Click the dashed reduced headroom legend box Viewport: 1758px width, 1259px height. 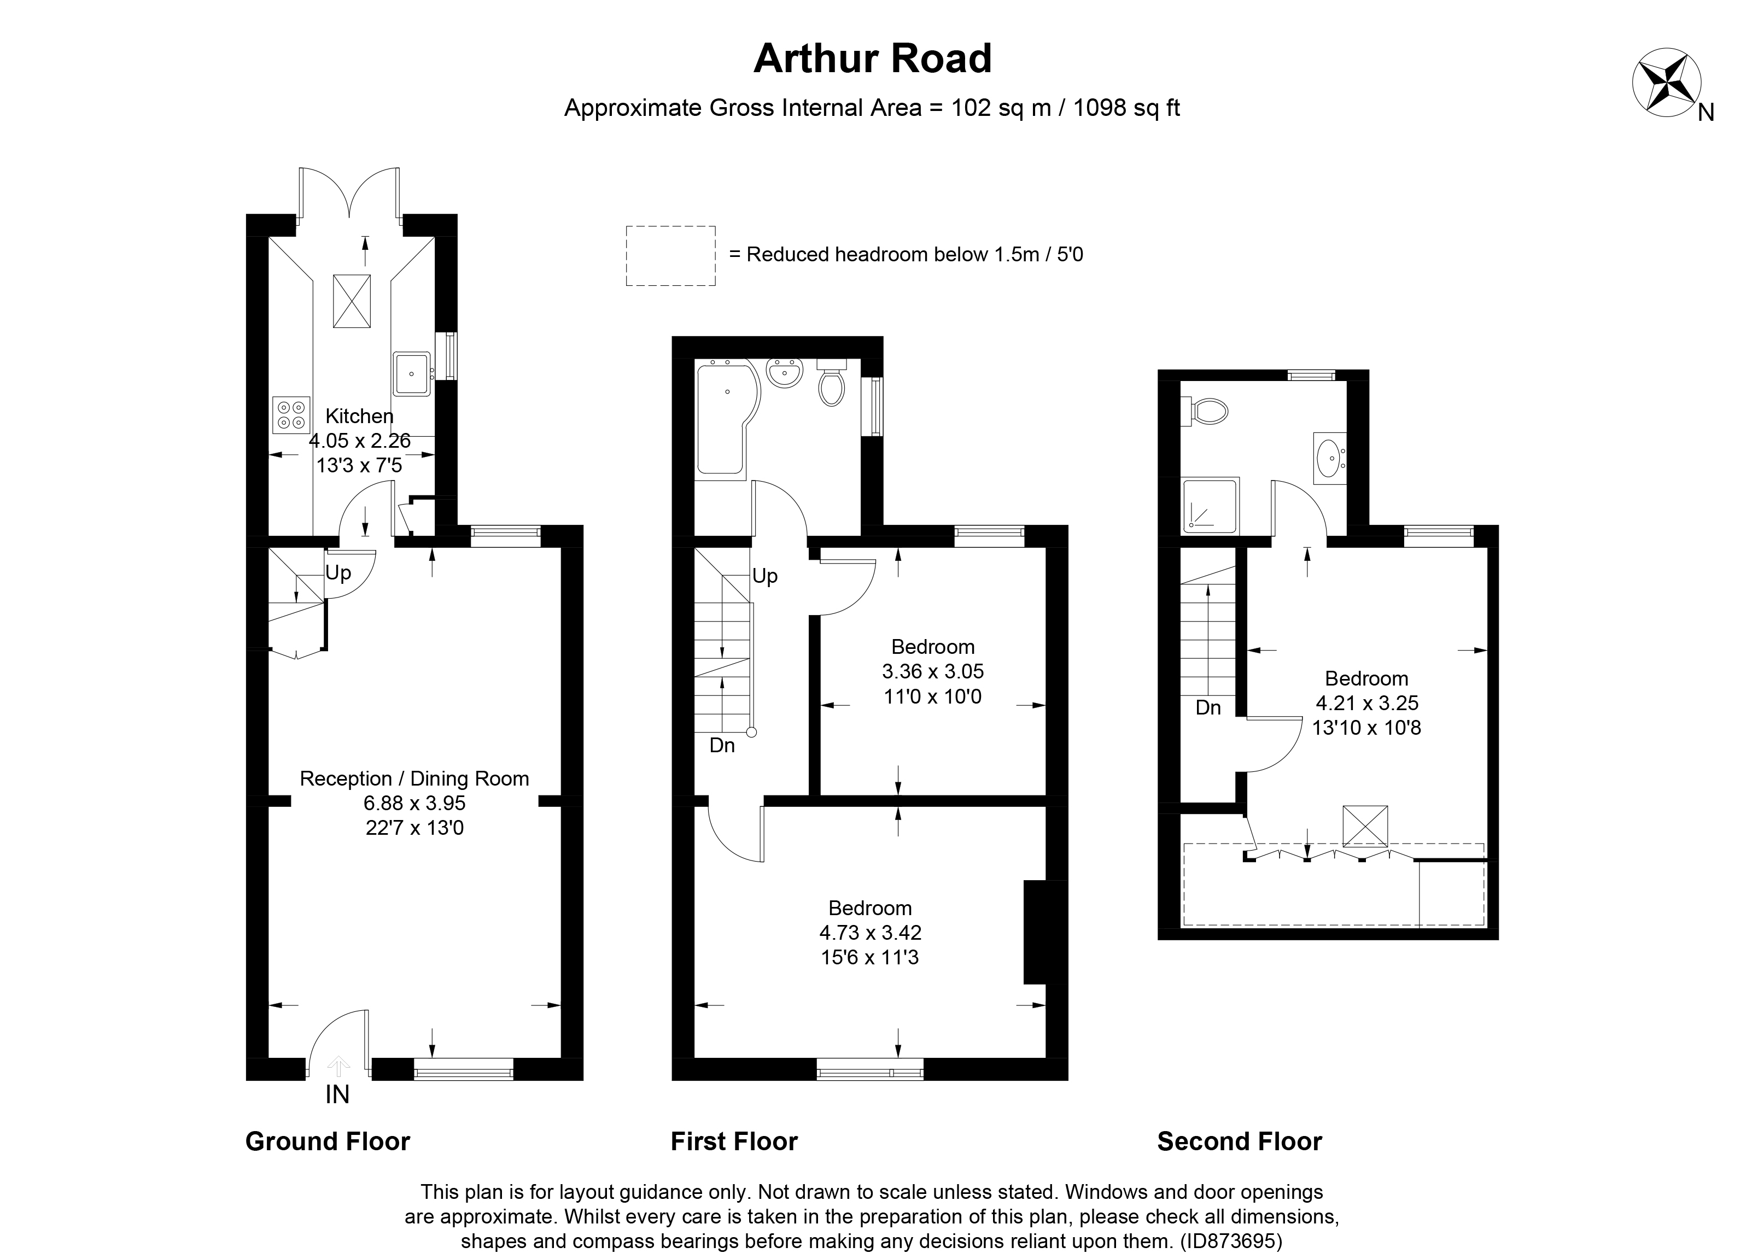click(x=670, y=256)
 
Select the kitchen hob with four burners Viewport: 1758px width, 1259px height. click(x=291, y=414)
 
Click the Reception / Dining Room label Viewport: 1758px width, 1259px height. click(x=414, y=778)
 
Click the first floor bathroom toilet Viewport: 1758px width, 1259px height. click(x=831, y=384)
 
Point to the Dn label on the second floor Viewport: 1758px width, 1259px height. click(x=1208, y=707)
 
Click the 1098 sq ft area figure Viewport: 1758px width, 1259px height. click(x=1126, y=108)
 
